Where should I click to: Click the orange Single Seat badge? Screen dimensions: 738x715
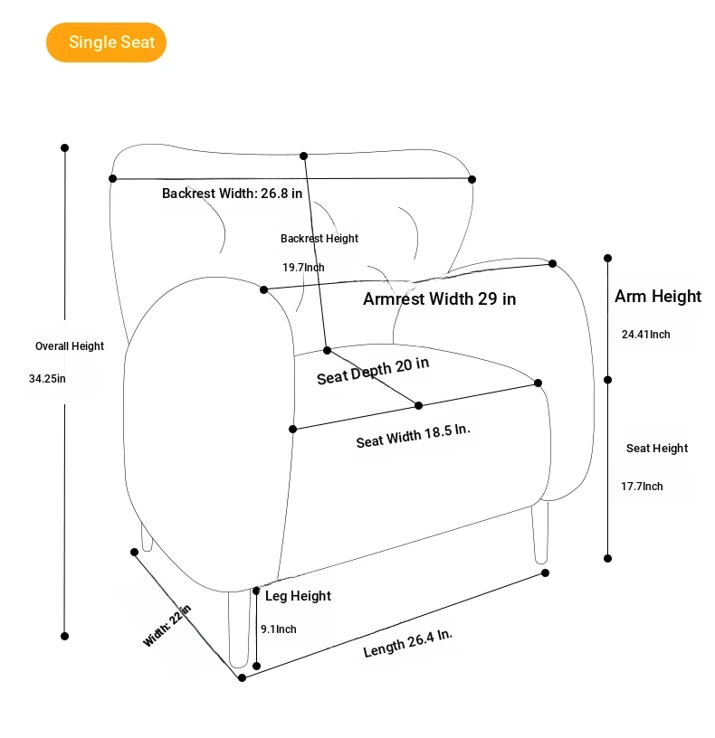tap(107, 43)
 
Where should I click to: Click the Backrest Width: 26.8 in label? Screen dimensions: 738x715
tap(232, 193)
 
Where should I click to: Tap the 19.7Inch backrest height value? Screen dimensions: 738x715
tap(303, 268)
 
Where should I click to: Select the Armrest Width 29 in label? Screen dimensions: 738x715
tap(439, 298)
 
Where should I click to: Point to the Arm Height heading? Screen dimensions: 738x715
tap(658, 297)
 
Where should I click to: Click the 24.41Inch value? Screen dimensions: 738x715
tap(645, 335)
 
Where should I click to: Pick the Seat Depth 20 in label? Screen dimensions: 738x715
tap(373, 371)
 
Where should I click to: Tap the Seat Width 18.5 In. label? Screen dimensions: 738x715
tap(413, 436)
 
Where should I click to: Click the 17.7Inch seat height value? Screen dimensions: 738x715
tap(642, 487)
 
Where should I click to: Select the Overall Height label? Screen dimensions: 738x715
tap(70, 346)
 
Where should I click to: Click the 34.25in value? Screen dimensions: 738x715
tap(47, 379)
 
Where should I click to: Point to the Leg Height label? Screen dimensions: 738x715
tap(298, 596)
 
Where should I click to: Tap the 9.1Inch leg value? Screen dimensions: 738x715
tap(278, 629)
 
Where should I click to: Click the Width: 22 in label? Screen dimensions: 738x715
tap(167, 626)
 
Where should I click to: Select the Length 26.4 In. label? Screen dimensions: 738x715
tap(407, 643)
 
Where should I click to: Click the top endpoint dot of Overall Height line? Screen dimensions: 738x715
tap(64, 147)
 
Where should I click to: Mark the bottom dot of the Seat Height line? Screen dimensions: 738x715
tap(608, 558)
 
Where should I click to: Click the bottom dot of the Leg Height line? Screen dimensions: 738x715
tap(256, 666)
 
